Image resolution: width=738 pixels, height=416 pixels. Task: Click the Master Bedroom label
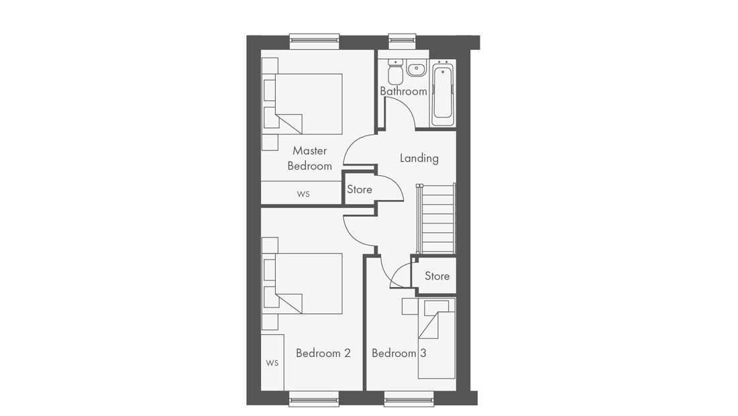(x=310, y=158)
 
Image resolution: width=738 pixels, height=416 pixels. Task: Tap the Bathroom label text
(x=403, y=91)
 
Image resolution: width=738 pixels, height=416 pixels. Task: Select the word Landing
(x=419, y=158)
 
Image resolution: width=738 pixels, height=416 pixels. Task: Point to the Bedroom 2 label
(x=323, y=353)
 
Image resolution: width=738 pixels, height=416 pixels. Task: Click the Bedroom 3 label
(x=399, y=353)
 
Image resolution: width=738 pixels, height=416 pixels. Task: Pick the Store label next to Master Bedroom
(x=360, y=189)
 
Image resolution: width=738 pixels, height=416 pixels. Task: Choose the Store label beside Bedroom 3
(x=437, y=276)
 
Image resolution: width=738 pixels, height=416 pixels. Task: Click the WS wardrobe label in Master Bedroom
(x=303, y=194)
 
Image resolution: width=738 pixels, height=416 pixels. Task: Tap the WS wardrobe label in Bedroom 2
(x=272, y=363)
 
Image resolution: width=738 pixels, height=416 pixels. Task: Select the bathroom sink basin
(x=416, y=68)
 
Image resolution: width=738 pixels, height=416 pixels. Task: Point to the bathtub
(x=443, y=94)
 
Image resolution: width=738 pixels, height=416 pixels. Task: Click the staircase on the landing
(x=436, y=219)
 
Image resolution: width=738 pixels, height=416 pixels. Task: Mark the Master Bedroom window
(x=315, y=42)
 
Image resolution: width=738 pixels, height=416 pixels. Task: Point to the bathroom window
(x=403, y=42)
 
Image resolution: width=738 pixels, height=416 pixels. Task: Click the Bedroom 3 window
(x=409, y=399)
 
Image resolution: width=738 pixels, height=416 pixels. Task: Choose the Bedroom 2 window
(x=314, y=399)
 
